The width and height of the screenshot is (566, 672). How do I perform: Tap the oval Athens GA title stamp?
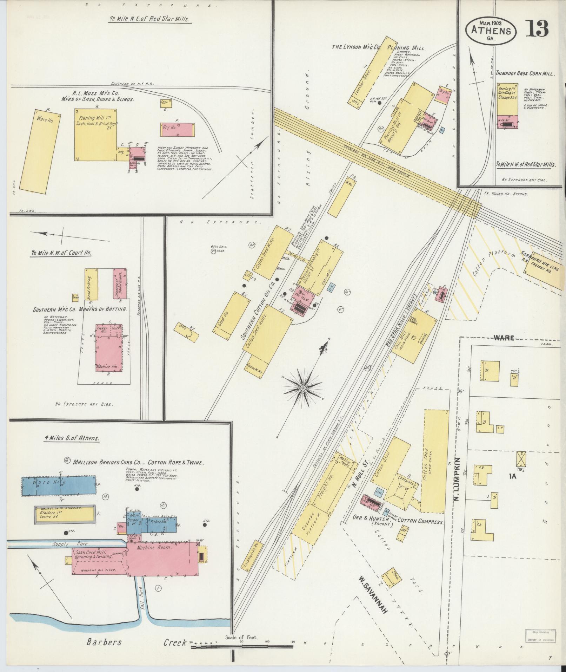point(491,31)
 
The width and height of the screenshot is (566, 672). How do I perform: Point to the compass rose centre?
point(302,387)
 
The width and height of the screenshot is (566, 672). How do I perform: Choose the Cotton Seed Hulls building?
point(267,329)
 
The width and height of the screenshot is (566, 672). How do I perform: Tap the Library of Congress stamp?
point(540,635)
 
